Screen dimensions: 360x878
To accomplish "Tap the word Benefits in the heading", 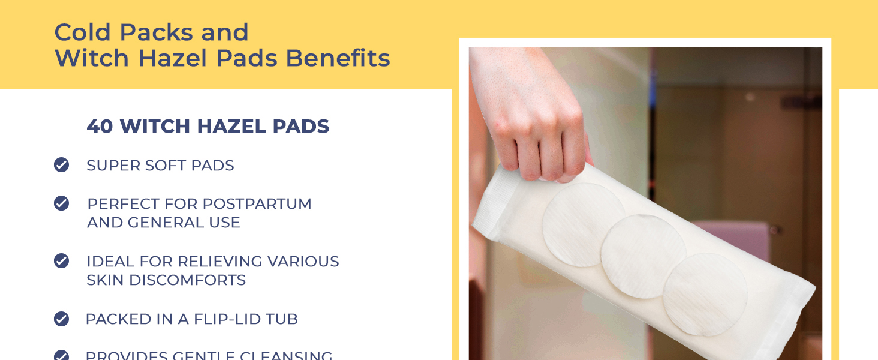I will coord(338,58).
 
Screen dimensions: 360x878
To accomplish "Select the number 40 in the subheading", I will coord(100,127).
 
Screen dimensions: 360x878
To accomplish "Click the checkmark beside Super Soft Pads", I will coord(61,165).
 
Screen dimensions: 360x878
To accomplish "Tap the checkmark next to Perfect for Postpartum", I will coord(61,203).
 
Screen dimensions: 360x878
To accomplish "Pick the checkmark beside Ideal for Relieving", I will coord(61,261).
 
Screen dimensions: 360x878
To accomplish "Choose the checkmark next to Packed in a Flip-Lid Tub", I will coord(61,319).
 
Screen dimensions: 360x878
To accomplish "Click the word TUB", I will coord(282,319).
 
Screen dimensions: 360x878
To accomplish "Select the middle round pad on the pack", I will coord(643,256).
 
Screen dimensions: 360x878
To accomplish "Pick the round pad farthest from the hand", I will coord(705,294).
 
